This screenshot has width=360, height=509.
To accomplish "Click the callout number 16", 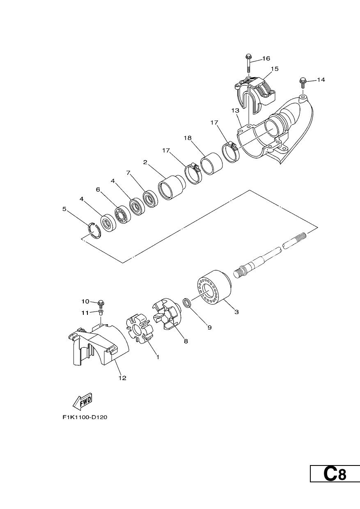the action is (x=266, y=58).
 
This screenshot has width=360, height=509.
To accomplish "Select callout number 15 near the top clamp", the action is (x=275, y=69).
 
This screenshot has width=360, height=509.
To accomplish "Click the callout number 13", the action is (x=236, y=111).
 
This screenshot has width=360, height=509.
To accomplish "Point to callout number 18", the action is (x=188, y=138).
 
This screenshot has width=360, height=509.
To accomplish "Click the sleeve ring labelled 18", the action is (x=211, y=163).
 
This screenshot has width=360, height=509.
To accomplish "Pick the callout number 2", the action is (x=145, y=162).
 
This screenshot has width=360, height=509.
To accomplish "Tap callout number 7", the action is (x=128, y=173).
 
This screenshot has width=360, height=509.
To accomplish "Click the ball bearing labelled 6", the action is (x=123, y=215).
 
